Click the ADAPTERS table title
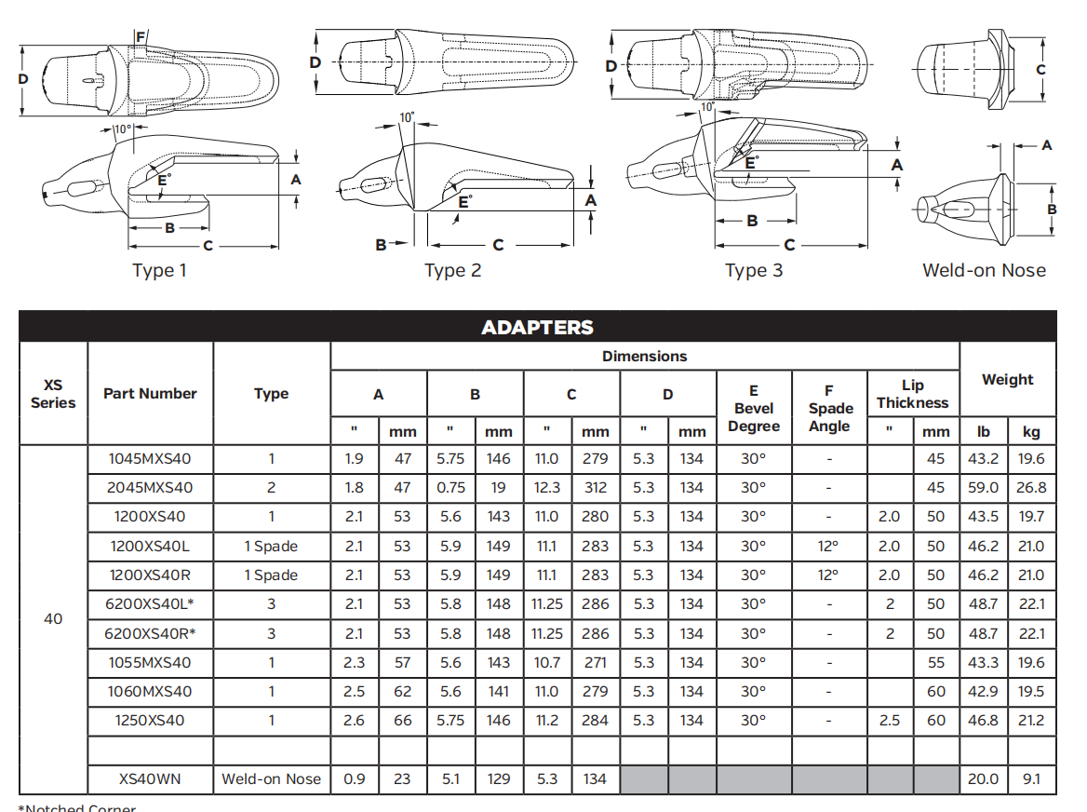(x=537, y=328)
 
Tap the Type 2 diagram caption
(x=452, y=271)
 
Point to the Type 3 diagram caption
(x=754, y=271)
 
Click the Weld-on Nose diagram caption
(x=984, y=271)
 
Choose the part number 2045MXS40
(x=150, y=487)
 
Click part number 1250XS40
(x=150, y=720)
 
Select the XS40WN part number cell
(x=150, y=778)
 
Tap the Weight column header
(x=1007, y=380)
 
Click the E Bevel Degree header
(x=754, y=409)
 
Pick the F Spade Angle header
(x=829, y=409)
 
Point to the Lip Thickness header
(x=912, y=394)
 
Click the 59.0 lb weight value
(x=983, y=487)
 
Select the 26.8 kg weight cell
(x=1031, y=487)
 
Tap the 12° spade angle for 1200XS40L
(x=828, y=546)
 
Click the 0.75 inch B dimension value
(x=450, y=487)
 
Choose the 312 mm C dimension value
(x=595, y=487)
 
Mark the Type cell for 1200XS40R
(x=271, y=575)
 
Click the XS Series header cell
(x=53, y=394)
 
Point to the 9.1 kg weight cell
(x=1031, y=778)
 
